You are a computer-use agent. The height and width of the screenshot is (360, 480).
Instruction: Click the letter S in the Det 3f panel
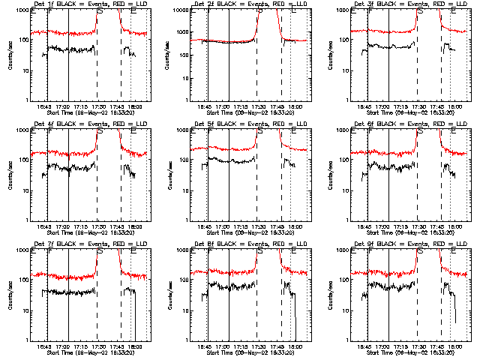tap(419, 13)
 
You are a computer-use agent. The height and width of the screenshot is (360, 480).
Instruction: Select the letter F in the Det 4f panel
tap(49, 132)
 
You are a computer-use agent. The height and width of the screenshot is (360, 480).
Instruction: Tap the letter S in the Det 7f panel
tap(100, 252)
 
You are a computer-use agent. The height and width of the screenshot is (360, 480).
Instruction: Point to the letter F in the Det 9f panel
tap(369, 252)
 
